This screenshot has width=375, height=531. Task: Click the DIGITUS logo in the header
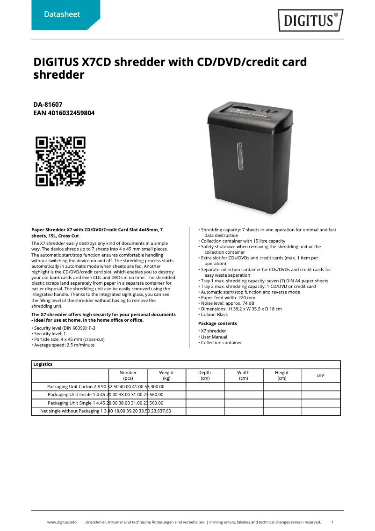point(310,21)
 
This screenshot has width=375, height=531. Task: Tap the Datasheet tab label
point(62,15)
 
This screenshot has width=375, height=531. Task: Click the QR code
point(61,161)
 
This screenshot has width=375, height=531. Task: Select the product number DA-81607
point(48,104)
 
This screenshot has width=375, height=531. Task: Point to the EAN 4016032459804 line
point(64,113)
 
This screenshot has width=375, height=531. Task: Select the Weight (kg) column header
point(166,376)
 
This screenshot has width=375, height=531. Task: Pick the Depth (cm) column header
point(205,376)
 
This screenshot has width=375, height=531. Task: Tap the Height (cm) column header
point(282,376)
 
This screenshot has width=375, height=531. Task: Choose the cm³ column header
point(321,376)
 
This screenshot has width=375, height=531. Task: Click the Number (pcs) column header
point(128,376)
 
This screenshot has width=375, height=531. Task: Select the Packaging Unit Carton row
point(106,387)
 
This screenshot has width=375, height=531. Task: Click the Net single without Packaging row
point(106,411)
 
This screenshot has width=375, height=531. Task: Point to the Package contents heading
point(217,324)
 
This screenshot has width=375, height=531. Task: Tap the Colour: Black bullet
point(214,315)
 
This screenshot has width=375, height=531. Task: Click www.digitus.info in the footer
point(62,522)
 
